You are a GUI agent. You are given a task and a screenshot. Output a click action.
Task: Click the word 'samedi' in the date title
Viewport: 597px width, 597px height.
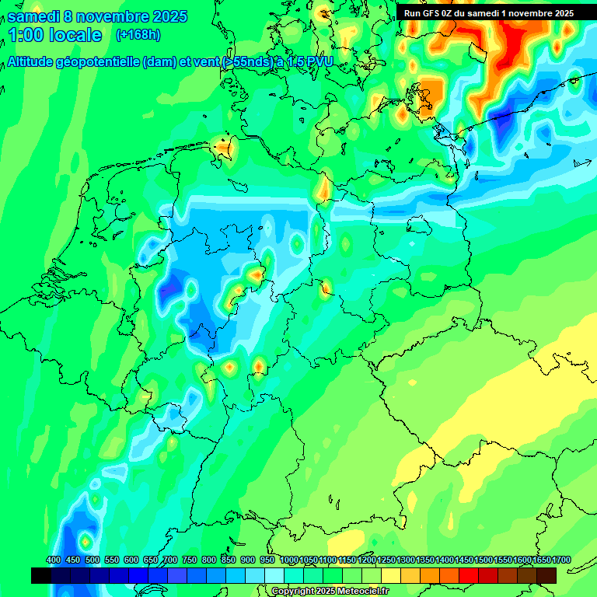pyautogui.click(x=33, y=16)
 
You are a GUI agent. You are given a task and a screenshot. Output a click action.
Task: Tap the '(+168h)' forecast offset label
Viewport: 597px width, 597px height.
pyautogui.click(x=138, y=35)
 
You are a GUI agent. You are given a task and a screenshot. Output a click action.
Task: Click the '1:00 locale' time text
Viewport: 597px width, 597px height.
pyautogui.click(x=55, y=35)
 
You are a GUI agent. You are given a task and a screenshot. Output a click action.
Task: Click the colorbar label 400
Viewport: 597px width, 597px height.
pyautogui.click(x=54, y=560)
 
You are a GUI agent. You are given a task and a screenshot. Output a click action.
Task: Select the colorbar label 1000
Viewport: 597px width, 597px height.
pyautogui.click(x=289, y=560)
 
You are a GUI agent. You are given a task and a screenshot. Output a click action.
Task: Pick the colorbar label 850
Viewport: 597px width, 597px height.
pyautogui.click(x=229, y=560)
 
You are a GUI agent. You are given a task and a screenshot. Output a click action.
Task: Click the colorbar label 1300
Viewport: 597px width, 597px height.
pyautogui.click(x=406, y=560)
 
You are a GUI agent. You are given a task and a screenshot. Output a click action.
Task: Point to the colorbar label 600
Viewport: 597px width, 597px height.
pyautogui.click(x=131, y=560)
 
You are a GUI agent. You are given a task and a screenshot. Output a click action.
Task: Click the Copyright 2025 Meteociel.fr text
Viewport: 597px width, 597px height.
pyautogui.click(x=330, y=592)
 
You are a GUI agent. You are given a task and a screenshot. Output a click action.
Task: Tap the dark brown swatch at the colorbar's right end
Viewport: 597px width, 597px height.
pyautogui.click(x=546, y=575)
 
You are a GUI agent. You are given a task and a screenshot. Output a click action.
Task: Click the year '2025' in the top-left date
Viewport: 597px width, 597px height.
pyautogui.click(x=170, y=16)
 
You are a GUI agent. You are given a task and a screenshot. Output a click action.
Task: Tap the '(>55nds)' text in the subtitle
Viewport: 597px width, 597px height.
pyautogui.click(x=247, y=61)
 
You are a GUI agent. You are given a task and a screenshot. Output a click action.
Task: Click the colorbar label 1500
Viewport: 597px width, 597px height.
pyautogui.click(x=484, y=560)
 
